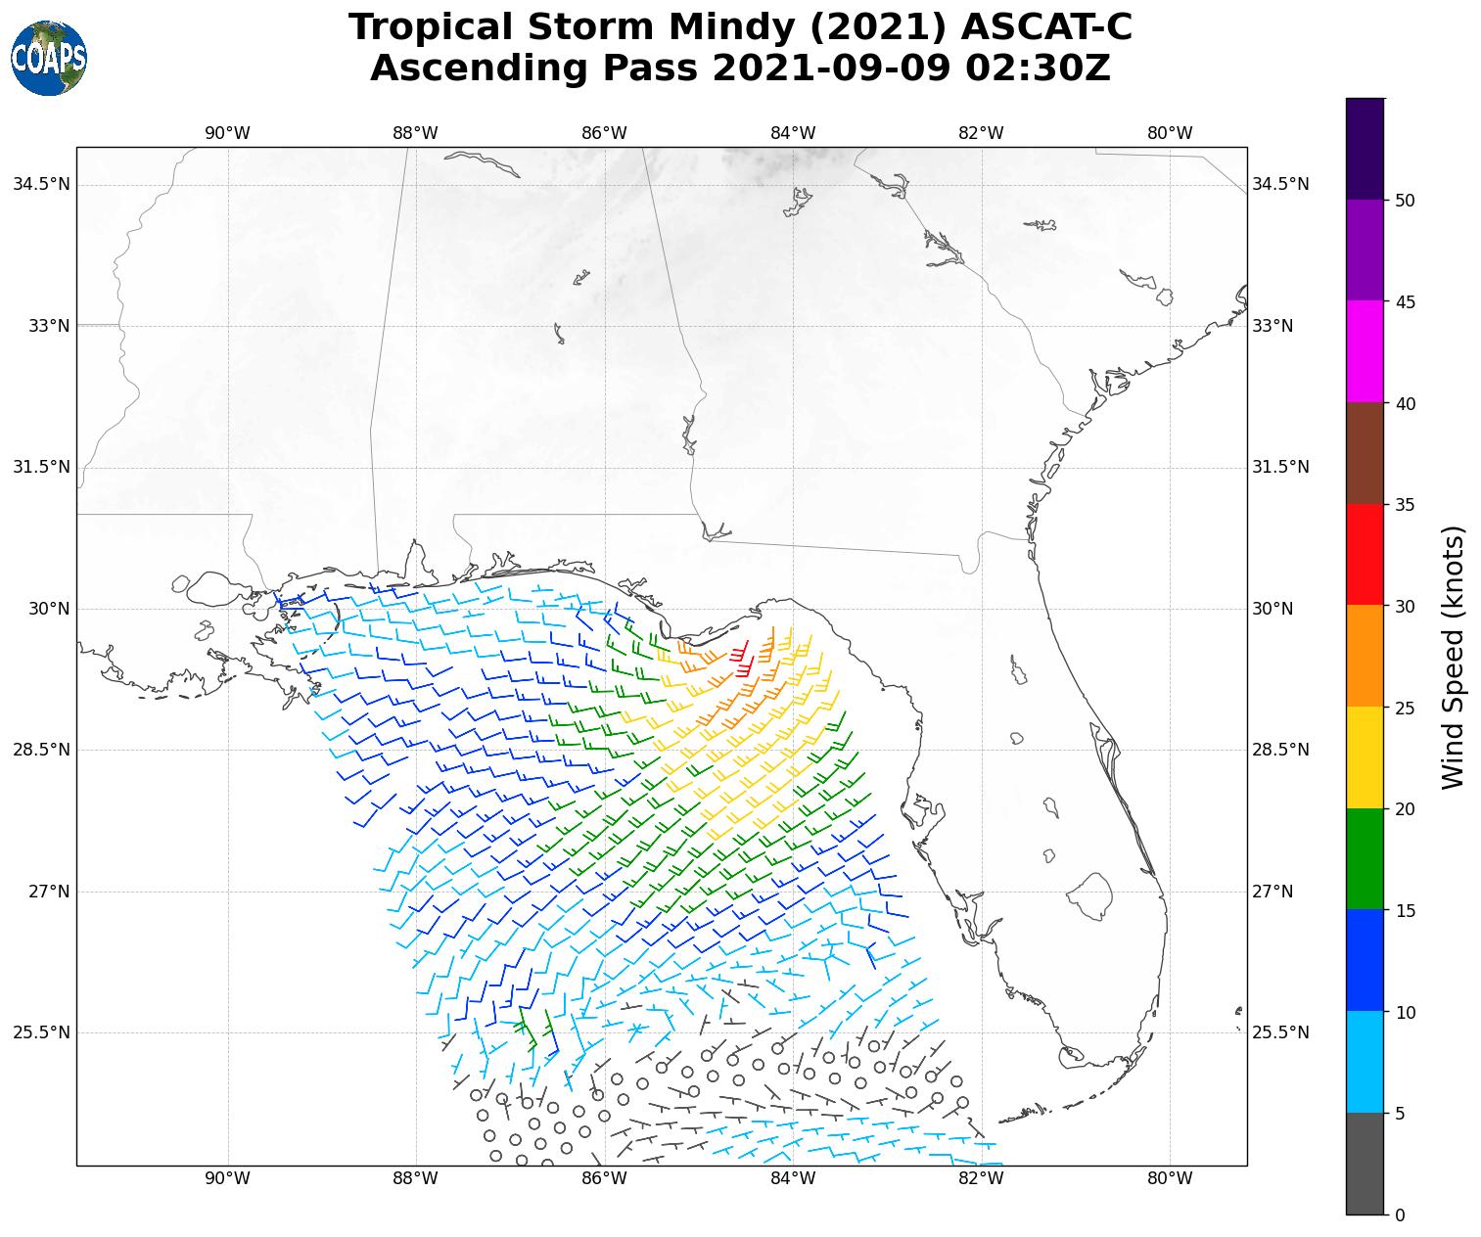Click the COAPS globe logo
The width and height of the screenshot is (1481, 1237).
[49, 58]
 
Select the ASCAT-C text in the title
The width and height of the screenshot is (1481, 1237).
[1046, 27]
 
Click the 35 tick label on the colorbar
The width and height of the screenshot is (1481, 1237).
[1404, 505]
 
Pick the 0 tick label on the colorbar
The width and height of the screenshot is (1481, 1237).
[1399, 1215]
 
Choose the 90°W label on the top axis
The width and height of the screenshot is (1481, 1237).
[227, 133]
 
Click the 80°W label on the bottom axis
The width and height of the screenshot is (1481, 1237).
[1170, 1178]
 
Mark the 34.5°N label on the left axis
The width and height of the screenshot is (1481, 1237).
[41, 184]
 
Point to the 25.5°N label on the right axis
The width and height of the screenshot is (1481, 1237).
[1280, 1032]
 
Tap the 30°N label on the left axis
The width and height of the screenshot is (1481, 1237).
[48, 609]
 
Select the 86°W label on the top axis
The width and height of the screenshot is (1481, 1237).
[604, 133]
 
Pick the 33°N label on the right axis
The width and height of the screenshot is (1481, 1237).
[1273, 326]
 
